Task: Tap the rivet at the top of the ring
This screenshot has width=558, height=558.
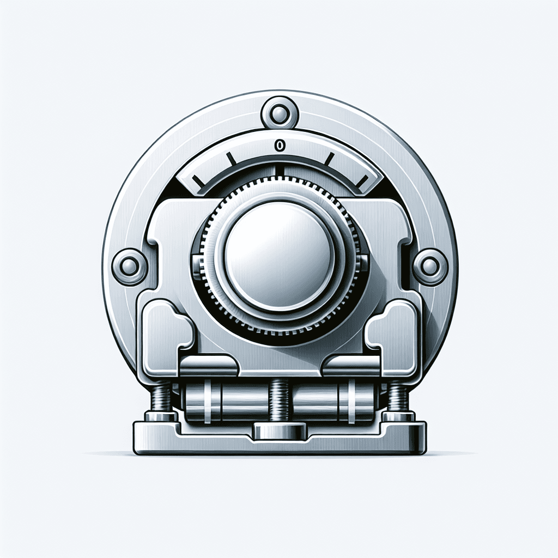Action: [x=280, y=113]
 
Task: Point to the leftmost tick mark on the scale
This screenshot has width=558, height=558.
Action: [x=198, y=181]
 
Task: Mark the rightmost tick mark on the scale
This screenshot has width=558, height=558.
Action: [x=362, y=181]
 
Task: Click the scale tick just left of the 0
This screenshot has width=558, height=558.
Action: [x=231, y=159]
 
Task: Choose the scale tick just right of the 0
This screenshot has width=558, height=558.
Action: [x=330, y=159]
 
